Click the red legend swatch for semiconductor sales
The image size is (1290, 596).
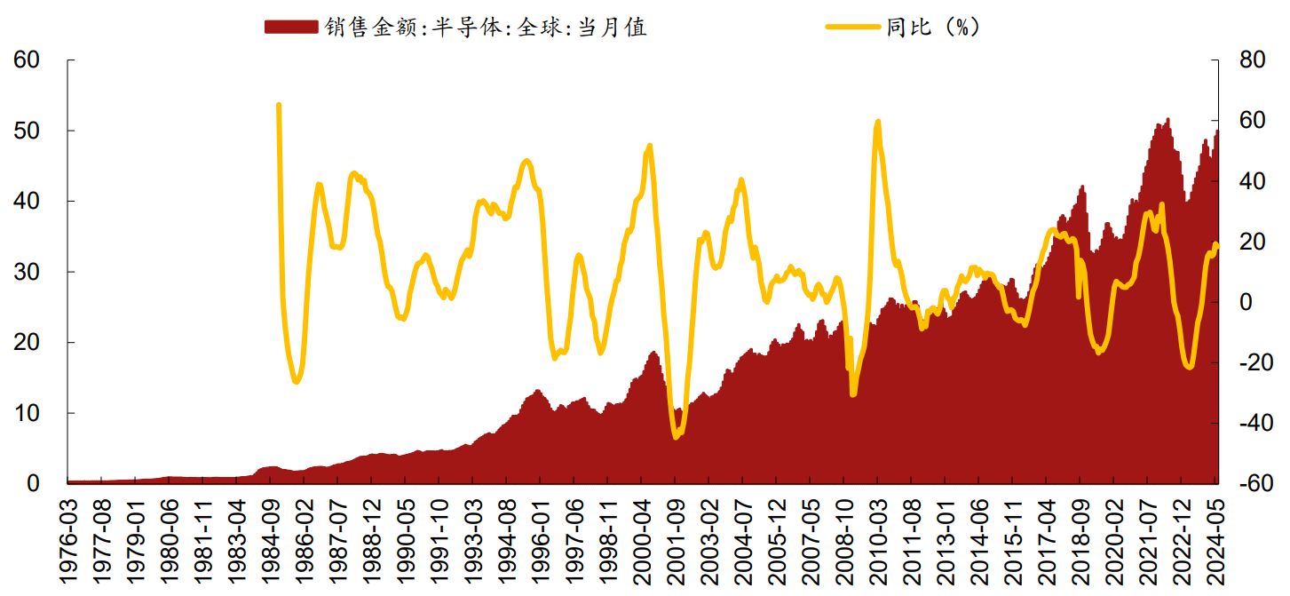pos(290,28)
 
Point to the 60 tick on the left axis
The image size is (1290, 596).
pos(28,60)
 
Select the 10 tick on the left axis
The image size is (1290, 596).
pos(28,414)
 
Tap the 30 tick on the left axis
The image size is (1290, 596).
pos(28,273)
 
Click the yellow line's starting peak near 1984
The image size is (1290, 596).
pos(279,105)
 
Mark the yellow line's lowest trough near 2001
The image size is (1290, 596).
pos(676,436)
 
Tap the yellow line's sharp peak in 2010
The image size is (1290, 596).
pos(878,122)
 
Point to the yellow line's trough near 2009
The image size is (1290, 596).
pos(853,393)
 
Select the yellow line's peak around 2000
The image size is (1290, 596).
pos(649,146)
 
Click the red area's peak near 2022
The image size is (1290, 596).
pos(1167,120)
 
